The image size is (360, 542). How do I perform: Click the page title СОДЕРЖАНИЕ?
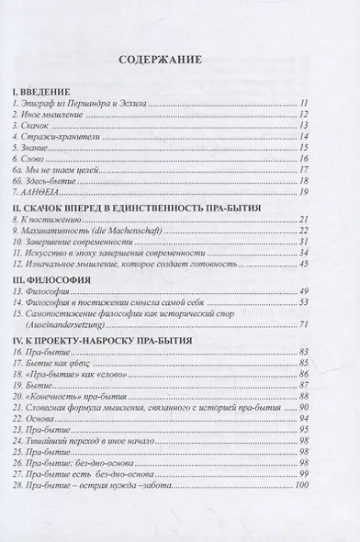tap(179, 63)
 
